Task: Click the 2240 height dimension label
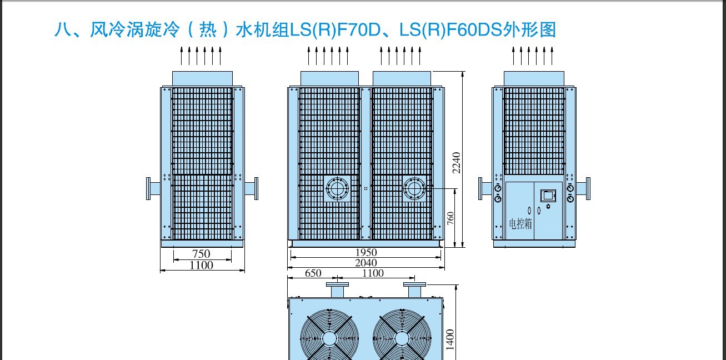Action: point(457,163)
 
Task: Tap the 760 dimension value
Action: point(450,218)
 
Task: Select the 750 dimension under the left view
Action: point(201,254)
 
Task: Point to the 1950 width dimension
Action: point(366,252)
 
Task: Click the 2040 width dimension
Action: point(366,262)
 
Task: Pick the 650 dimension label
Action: point(313,273)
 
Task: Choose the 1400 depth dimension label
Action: point(450,339)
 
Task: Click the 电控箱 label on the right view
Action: point(520,223)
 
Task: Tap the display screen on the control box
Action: point(548,196)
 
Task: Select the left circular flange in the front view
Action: point(337,188)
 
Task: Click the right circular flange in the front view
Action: point(414,188)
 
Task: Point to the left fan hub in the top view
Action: point(329,339)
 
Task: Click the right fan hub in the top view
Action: point(402,339)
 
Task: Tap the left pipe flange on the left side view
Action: point(148,188)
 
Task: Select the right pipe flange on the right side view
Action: point(588,188)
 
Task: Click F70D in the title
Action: point(359,29)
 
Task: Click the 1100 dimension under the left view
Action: point(201,266)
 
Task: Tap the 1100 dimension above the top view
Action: point(373,273)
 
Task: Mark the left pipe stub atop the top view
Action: point(337,289)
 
